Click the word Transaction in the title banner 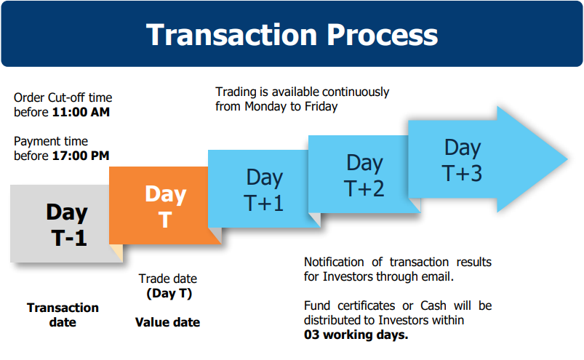232,35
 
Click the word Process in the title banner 383,35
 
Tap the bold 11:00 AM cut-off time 81,112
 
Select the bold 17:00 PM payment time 81,156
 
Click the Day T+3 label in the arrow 463,161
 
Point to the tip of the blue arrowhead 567,159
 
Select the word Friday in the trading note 321,106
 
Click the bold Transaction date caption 63,315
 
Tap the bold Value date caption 167,322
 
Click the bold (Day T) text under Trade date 169,293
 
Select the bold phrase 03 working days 356,335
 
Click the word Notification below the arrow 334,262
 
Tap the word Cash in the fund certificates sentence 433,305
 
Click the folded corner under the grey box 117,252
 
